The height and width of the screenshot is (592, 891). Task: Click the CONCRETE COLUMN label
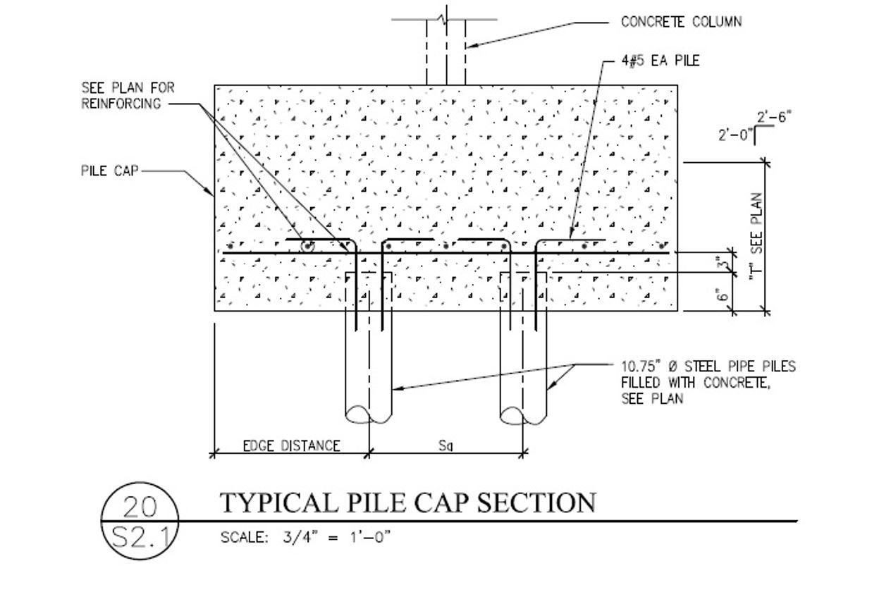tap(680, 22)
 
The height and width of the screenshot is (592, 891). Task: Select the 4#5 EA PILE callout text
tap(660, 61)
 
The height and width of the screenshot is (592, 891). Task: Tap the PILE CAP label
tap(109, 171)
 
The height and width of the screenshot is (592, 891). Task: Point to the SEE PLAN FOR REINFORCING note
tap(128, 95)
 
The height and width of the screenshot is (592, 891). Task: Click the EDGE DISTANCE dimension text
tap(291, 445)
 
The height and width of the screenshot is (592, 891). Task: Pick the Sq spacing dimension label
tap(445, 445)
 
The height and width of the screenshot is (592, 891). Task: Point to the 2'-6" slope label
tap(773, 117)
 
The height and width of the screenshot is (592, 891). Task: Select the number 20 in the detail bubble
tap(140, 508)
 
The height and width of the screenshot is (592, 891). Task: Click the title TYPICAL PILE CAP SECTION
tap(408, 503)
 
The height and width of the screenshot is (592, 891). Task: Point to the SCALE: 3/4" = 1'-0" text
tap(305, 537)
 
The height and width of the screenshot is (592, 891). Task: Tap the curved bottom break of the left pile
tap(368, 415)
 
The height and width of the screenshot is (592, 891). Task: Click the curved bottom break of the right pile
tap(523, 415)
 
